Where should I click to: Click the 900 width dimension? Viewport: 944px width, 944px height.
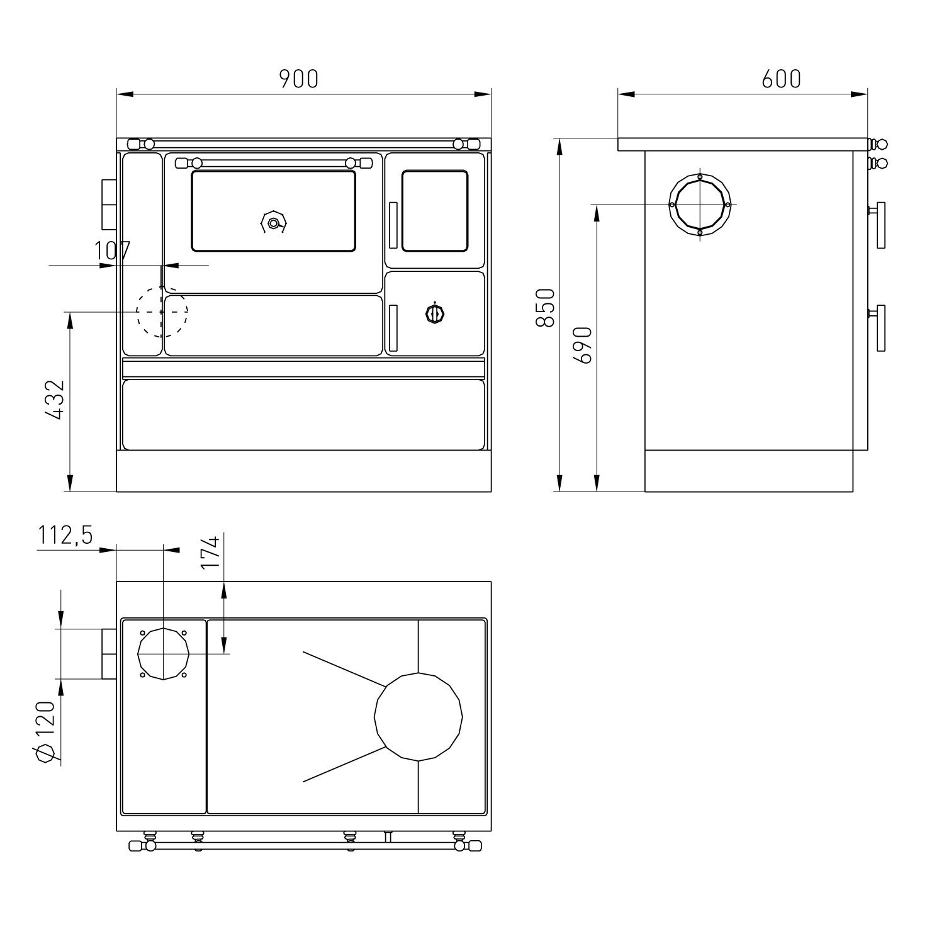tap(300, 79)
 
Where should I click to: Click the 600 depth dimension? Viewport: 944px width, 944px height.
tap(782, 79)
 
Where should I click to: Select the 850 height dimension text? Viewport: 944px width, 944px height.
tap(545, 308)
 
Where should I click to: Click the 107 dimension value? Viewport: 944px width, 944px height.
tap(112, 251)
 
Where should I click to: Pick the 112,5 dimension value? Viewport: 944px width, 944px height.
tap(65, 536)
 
